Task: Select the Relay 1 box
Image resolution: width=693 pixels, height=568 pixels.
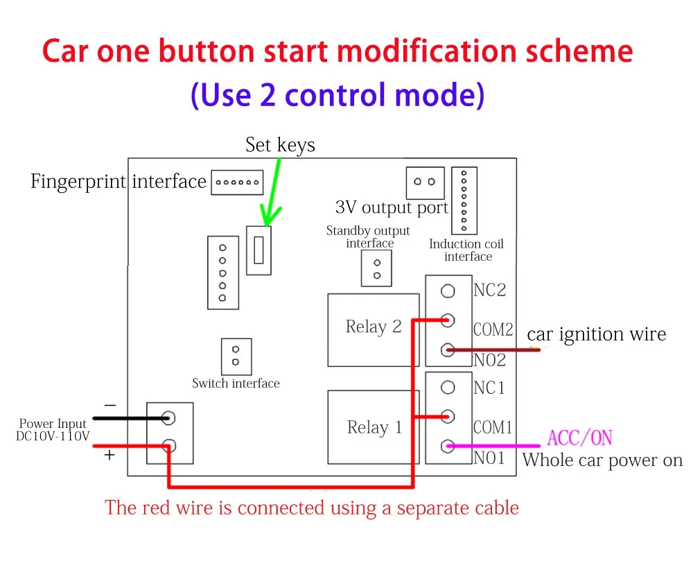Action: (x=374, y=427)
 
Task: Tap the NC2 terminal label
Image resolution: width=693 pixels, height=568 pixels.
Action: (x=489, y=290)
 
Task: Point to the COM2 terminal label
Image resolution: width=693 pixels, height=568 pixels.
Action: (x=493, y=329)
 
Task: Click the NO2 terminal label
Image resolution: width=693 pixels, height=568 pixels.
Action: (x=489, y=360)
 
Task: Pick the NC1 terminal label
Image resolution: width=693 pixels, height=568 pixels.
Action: (x=489, y=388)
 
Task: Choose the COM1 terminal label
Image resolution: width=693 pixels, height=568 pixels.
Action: (x=493, y=427)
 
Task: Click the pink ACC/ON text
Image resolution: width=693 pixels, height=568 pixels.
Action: (x=580, y=438)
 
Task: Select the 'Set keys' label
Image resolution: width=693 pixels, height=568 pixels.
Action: (x=280, y=145)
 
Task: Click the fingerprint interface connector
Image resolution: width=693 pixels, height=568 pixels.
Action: (x=237, y=183)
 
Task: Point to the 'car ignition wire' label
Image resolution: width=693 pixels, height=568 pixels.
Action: (x=597, y=335)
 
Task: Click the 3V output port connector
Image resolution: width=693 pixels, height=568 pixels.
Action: (x=424, y=182)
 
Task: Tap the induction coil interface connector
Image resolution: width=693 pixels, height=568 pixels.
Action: (x=464, y=200)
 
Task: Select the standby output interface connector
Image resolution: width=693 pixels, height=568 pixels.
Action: (x=377, y=268)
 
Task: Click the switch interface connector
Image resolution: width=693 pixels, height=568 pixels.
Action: (x=236, y=356)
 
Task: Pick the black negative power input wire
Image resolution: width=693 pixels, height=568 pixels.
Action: (x=128, y=418)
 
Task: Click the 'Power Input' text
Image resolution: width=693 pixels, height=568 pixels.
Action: (x=53, y=424)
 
